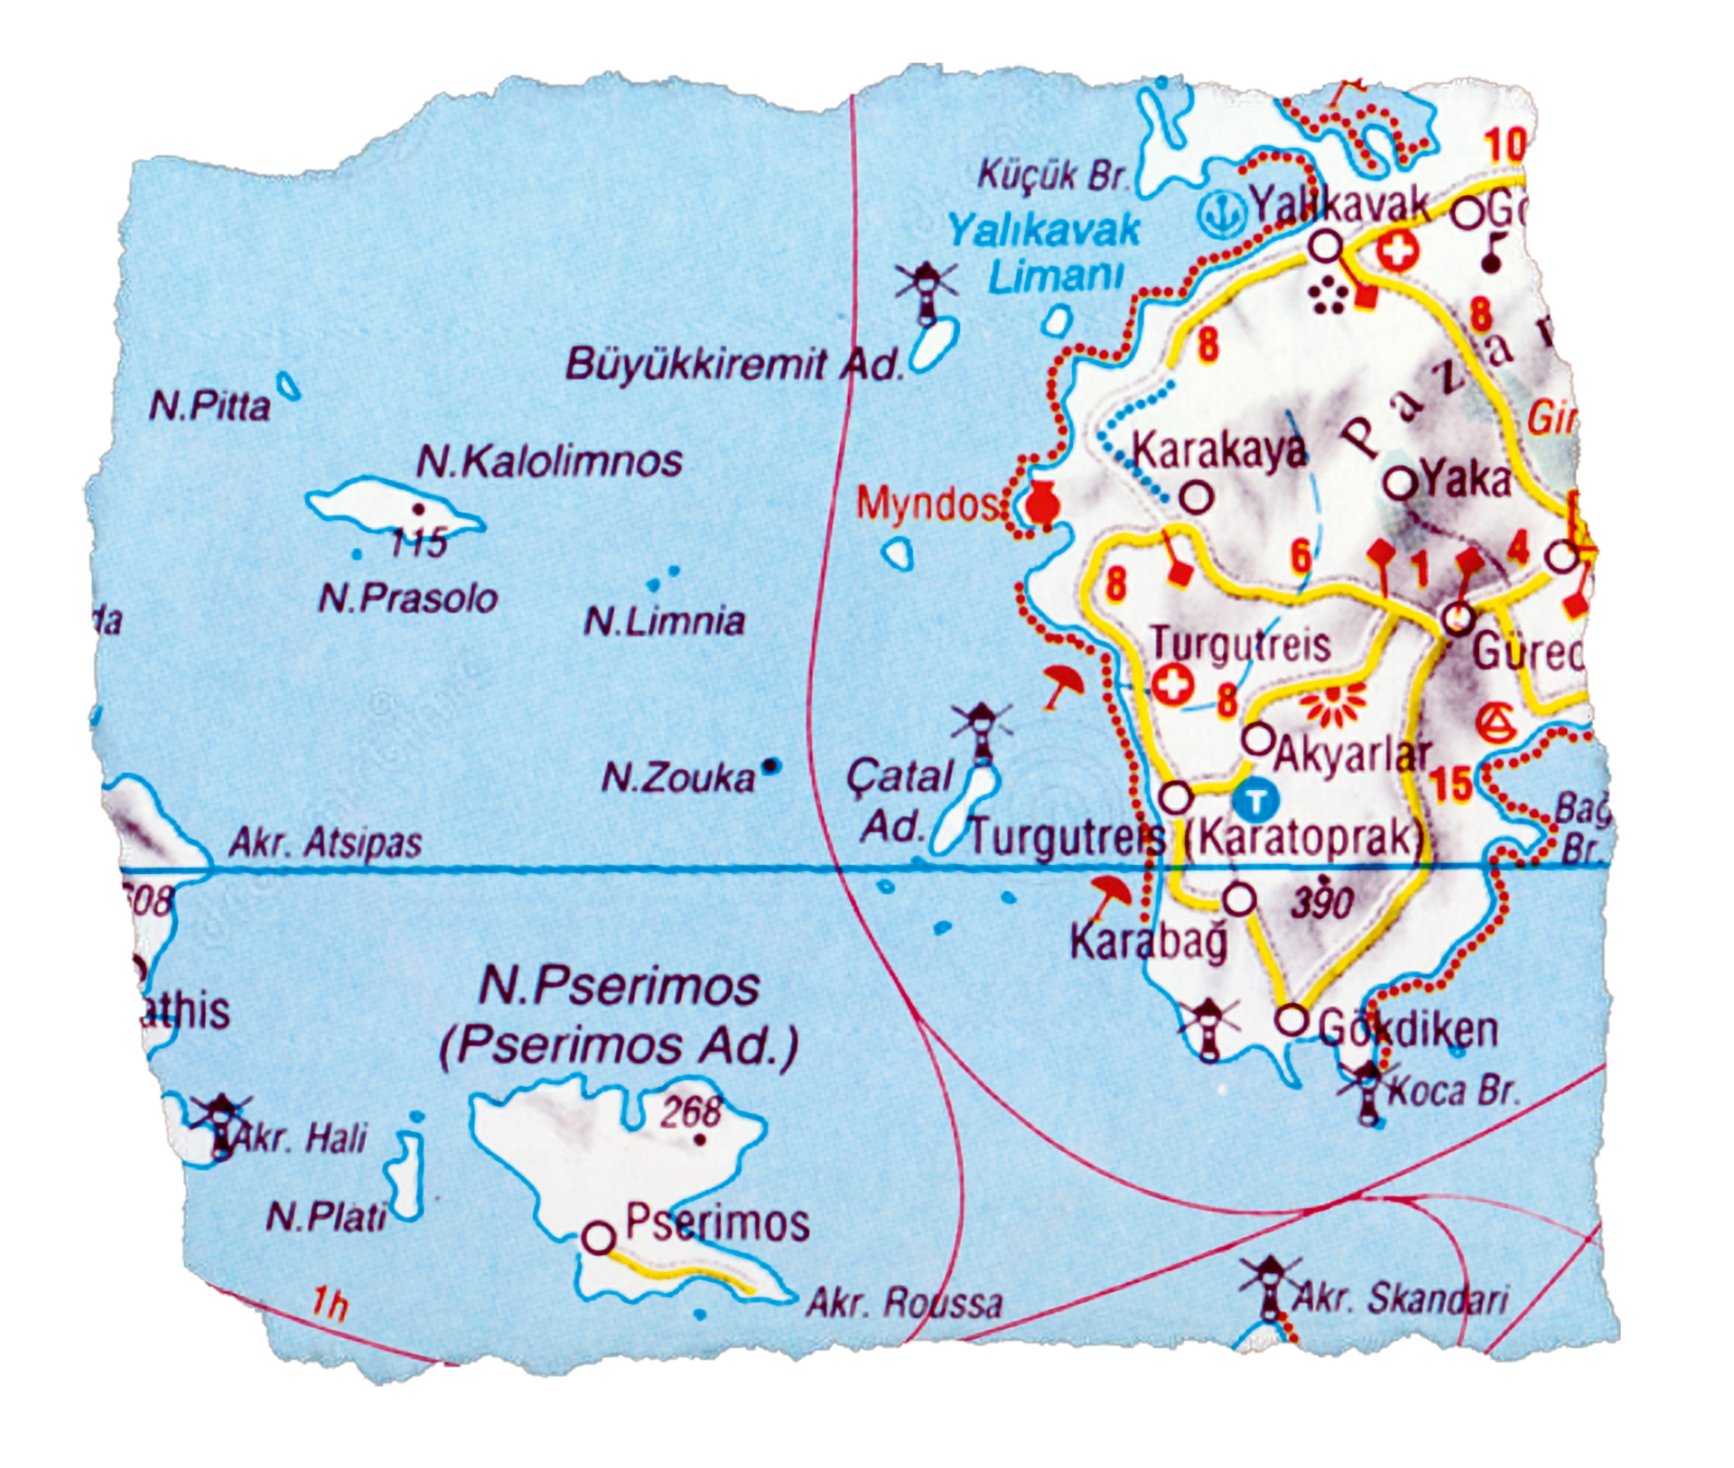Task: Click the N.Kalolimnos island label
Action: pos(549,461)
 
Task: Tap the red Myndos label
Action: pos(927,504)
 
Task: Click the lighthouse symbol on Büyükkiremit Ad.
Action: pos(927,291)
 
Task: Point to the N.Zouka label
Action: pos(677,777)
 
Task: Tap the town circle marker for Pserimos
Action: pos(599,1237)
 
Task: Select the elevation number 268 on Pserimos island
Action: pos(691,1112)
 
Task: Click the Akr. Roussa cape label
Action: pos(903,1303)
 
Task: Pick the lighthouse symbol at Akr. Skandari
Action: pos(1271,1288)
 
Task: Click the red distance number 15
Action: pos(1451,785)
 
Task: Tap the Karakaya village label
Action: pos(1219,450)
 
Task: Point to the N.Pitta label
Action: pos(210,406)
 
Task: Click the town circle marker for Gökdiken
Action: pos(1292,1020)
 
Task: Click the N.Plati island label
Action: pos(326,1217)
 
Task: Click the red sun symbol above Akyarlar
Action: pos(1332,704)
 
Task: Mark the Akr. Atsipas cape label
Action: pos(325,843)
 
